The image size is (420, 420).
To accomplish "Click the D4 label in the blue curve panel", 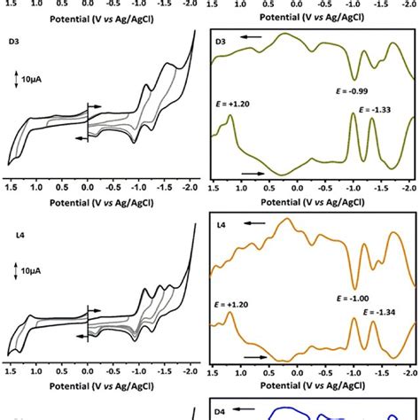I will (x=222, y=413).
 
